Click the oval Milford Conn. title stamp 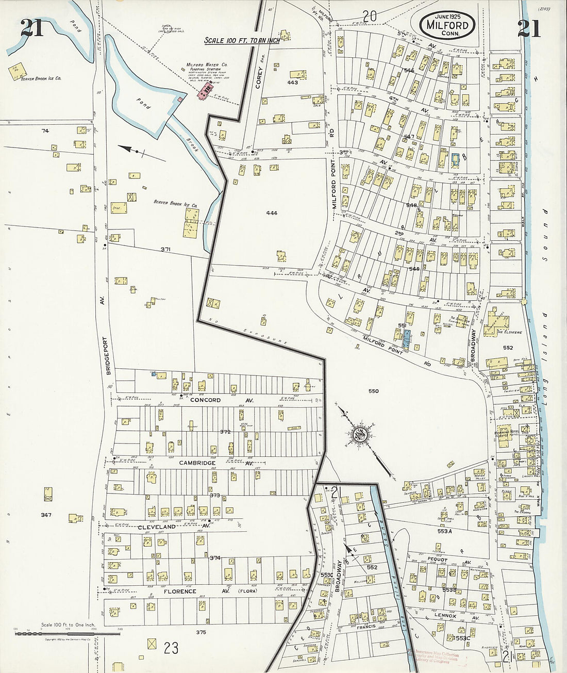click(x=447, y=24)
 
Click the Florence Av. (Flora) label click(x=196, y=591)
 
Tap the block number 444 click(x=272, y=213)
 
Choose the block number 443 click(x=292, y=83)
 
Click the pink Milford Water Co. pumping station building click(x=206, y=91)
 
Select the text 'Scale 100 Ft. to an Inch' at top click(x=242, y=40)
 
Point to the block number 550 click(x=373, y=391)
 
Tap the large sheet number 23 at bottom click(x=171, y=647)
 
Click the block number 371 click(x=165, y=250)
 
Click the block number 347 click(x=46, y=515)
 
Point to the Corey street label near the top click(x=259, y=77)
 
